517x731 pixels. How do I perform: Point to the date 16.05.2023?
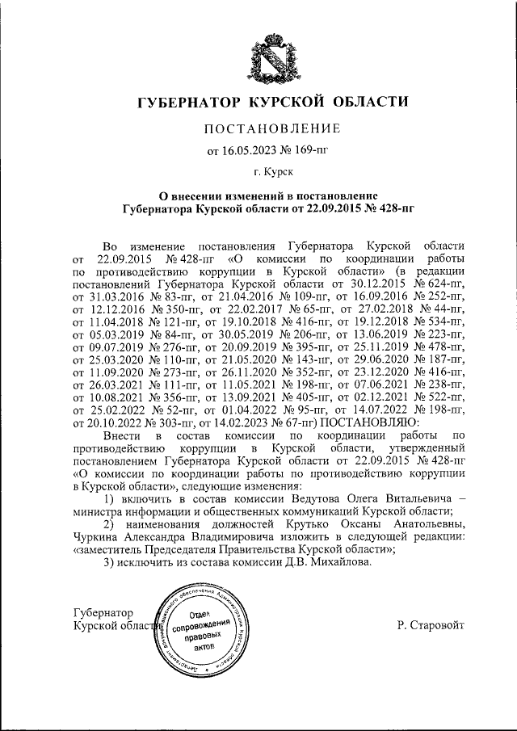(x=249, y=149)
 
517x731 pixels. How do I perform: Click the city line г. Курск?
(x=273, y=172)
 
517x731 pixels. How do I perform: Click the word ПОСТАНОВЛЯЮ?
(x=369, y=422)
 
